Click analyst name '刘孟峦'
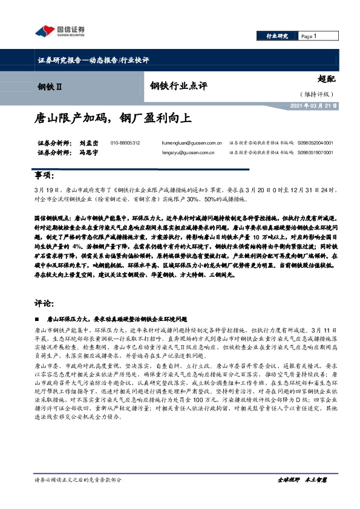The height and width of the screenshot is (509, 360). (x=72, y=143)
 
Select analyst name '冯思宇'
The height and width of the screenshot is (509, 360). (x=72, y=154)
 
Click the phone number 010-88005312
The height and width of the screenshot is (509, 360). (x=125, y=143)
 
